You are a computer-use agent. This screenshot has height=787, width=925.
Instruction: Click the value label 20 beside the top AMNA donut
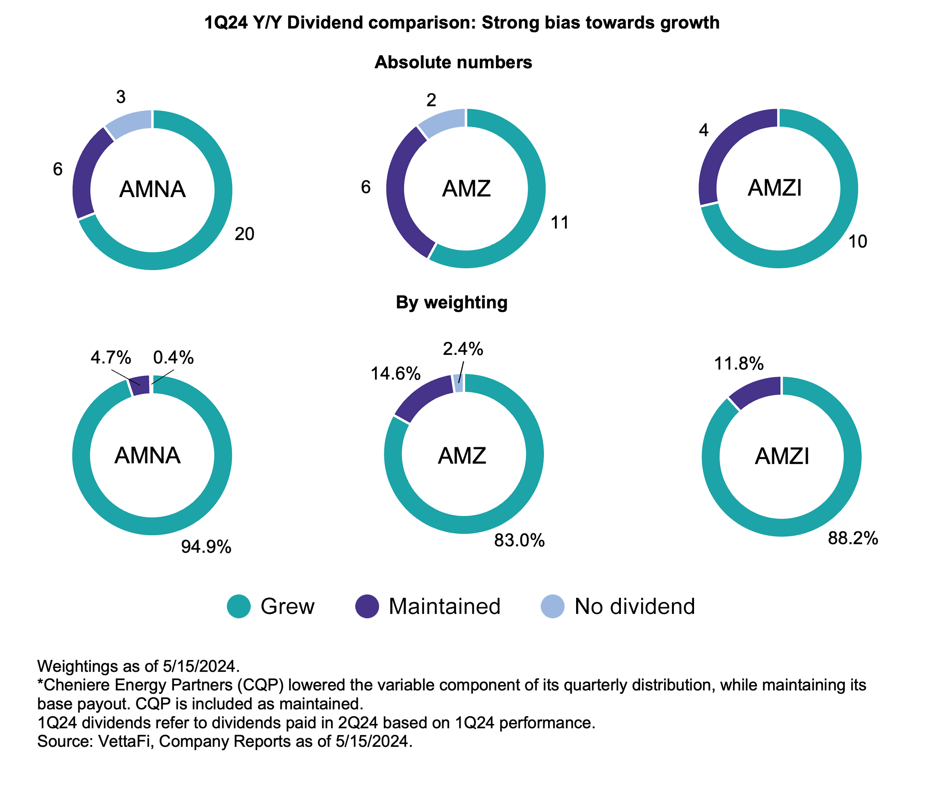244,234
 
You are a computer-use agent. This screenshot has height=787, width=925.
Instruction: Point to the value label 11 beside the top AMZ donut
559,223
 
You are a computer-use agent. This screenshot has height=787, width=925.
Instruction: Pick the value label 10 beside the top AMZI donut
857,241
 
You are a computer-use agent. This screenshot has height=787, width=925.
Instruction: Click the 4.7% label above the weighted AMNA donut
110,357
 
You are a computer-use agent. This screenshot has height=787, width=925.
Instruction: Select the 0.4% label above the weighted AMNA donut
173,357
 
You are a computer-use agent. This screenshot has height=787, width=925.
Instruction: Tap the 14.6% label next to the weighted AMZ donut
395,374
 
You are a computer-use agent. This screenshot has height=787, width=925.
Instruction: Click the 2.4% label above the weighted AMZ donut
463,349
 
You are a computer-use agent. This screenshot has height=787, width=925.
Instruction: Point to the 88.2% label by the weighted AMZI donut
852,538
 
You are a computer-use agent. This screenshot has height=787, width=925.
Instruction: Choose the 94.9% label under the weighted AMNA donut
206,547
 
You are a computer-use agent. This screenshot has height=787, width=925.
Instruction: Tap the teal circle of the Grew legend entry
238,606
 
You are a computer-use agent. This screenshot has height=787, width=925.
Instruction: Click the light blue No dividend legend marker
552,606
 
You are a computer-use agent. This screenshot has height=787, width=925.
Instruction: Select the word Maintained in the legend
444,606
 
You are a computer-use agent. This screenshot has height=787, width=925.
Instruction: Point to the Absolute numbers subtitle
453,62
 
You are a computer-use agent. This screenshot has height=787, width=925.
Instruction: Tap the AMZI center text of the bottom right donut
781,456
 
